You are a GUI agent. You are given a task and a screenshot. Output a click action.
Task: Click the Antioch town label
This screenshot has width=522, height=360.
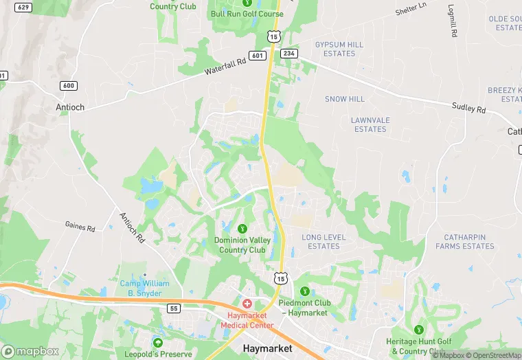69,108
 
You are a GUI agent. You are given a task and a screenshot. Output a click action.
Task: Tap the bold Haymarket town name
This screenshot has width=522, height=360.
268,348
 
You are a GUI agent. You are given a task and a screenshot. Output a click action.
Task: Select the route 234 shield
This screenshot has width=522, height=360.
288,54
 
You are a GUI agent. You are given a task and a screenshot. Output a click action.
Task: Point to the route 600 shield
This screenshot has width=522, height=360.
68,85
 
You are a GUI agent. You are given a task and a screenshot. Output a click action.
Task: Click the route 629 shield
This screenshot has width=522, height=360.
23,7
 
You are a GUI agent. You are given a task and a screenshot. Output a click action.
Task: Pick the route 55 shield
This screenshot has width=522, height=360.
174,308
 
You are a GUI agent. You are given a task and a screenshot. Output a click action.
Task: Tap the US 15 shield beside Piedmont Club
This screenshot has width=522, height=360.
280,278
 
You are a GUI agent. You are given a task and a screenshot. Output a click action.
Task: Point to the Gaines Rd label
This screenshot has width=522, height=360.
79,225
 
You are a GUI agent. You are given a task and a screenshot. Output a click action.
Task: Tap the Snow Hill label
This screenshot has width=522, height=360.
345,99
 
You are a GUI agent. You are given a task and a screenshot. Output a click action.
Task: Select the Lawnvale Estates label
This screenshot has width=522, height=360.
370,124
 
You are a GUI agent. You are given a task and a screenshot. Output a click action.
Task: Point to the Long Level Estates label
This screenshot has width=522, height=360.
324,242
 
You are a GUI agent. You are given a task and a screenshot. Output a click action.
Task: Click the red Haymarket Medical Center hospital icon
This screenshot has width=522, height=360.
247,304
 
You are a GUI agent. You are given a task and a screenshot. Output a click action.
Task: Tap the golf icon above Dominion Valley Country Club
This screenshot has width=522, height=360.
241,228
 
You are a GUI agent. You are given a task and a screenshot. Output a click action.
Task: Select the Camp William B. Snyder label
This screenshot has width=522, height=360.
141,289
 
